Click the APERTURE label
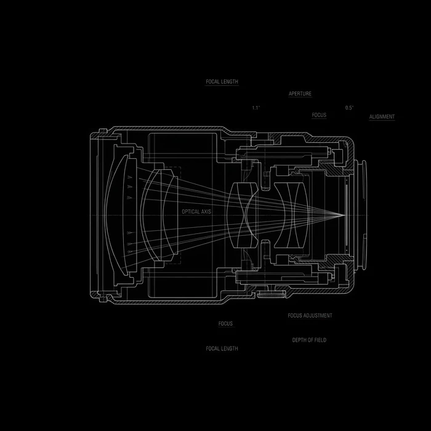point(300,94)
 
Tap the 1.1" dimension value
point(256,108)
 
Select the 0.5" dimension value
point(349,108)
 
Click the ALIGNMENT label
point(382,117)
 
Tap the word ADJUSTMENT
point(318,315)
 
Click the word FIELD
point(321,340)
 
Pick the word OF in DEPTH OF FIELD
point(310,340)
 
